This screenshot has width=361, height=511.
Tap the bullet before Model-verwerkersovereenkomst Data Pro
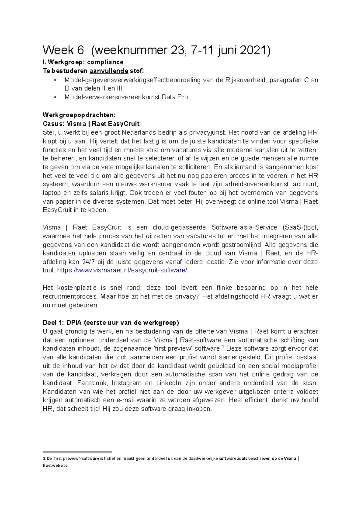(55, 97)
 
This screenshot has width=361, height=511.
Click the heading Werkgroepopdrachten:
(79, 115)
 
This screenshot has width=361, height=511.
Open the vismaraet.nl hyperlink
(123, 271)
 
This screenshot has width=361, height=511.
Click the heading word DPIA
(74, 323)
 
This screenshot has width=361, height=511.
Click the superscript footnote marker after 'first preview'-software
(222, 346)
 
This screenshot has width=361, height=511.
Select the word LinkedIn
(169, 383)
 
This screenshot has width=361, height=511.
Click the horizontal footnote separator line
(77, 452)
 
